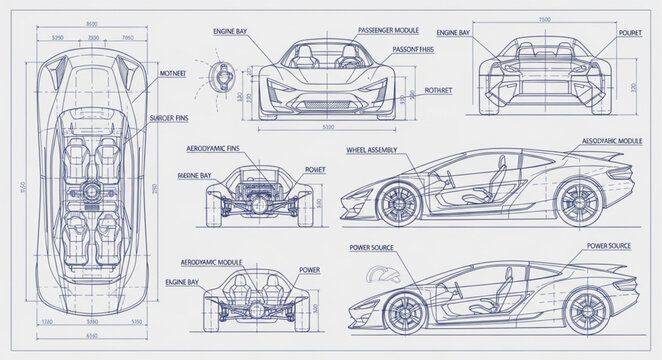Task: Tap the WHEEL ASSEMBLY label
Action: coord(371,149)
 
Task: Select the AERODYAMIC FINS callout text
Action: coord(212,148)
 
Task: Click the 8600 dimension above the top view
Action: coord(92,23)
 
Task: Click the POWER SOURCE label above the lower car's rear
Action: coord(610,245)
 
